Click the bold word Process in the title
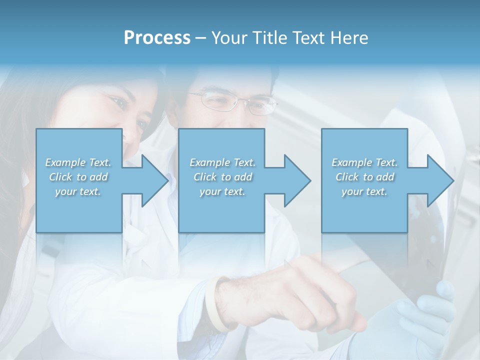[157, 37]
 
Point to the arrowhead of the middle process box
[296, 180]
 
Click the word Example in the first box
[65, 162]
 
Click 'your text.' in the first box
[78, 191]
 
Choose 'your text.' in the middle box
[222, 191]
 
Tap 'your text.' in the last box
[364, 191]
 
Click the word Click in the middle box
[205, 177]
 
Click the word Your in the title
[228, 37]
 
